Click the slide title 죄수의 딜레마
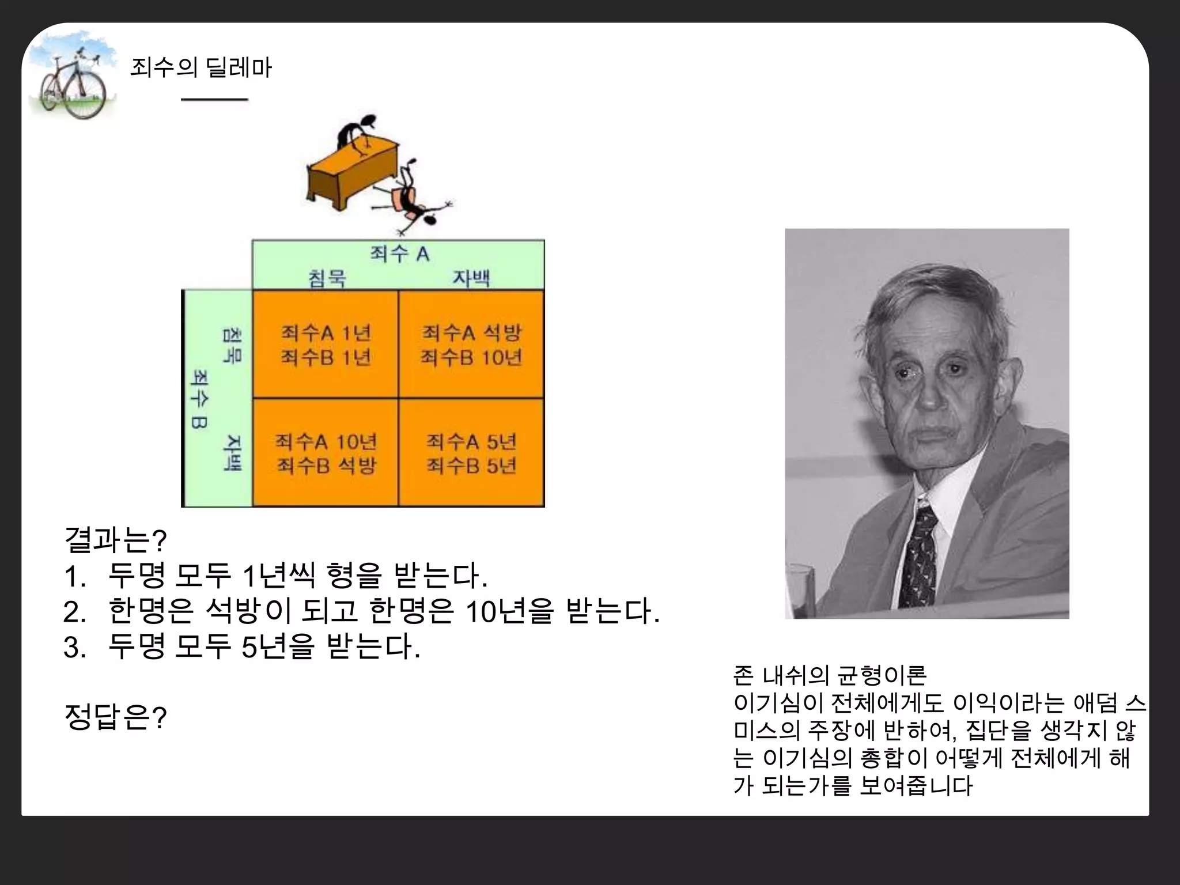(x=201, y=68)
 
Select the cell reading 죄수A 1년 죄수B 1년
(x=326, y=345)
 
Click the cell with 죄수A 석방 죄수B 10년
(x=471, y=345)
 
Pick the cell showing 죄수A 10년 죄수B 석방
(x=326, y=453)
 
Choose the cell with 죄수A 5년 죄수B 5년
(x=471, y=453)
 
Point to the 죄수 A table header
(x=399, y=254)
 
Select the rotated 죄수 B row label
(x=199, y=399)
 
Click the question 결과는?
(x=116, y=540)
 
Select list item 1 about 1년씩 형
(x=277, y=576)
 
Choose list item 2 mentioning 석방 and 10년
(x=362, y=611)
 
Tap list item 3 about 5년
(x=242, y=646)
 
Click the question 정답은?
(x=116, y=718)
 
